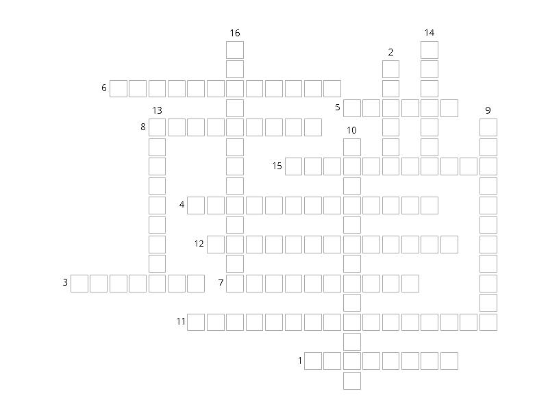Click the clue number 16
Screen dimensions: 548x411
pos(235,33)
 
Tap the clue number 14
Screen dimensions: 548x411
pos(429,33)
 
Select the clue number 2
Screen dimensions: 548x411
pos(390,52)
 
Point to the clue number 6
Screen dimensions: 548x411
pos(104,88)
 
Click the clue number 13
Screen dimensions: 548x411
pos(158,110)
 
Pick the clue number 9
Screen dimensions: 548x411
pos(488,110)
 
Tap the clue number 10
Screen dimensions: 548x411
pos(351,130)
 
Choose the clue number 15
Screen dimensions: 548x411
pos(277,166)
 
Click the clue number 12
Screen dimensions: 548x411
pos(199,244)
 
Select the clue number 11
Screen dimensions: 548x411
pos(181,321)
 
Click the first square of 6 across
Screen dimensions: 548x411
pos(119,88)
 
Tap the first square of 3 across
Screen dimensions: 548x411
pos(79,283)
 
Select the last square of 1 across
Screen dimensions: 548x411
pos(449,361)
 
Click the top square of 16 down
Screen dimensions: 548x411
pos(235,49)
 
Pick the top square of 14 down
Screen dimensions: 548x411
pos(429,49)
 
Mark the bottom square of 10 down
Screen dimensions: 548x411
pos(352,381)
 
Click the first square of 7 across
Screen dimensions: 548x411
pos(235,283)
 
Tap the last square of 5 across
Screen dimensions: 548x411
pos(449,108)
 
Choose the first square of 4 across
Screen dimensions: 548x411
pos(196,205)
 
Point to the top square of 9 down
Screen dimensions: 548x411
pos(488,127)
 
